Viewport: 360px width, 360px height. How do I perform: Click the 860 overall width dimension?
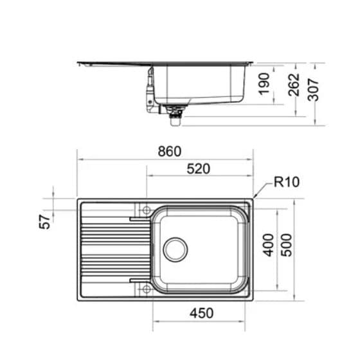pyautogui.click(x=169, y=152)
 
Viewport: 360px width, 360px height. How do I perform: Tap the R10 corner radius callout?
pyautogui.click(x=287, y=182)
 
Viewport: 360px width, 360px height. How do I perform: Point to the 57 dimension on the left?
pyautogui.click(x=45, y=222)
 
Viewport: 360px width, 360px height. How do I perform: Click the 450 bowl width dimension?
pyautogui.click(x=201, y=313)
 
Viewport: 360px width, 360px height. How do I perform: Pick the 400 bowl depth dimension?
pyautogui.click(x=269, y=244)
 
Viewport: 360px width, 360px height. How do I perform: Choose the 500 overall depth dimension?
pyautogui.click(x=287, y=244)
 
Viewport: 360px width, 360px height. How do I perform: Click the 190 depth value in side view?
pyautogui.click(x=264, y=84)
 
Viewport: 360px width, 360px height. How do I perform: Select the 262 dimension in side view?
pyautogui.click(x=293, y=84)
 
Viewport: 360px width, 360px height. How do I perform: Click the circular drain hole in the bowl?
pyautogui.click(x=175, y=249)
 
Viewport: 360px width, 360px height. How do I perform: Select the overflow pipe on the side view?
pyautogui.click(x=150, y=90)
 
